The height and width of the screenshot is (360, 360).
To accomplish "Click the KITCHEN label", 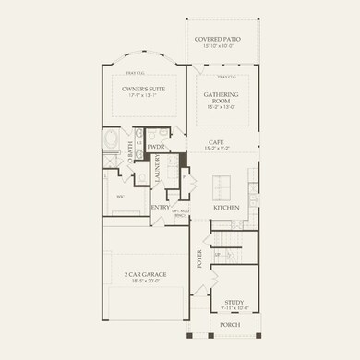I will click(226, 208).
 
